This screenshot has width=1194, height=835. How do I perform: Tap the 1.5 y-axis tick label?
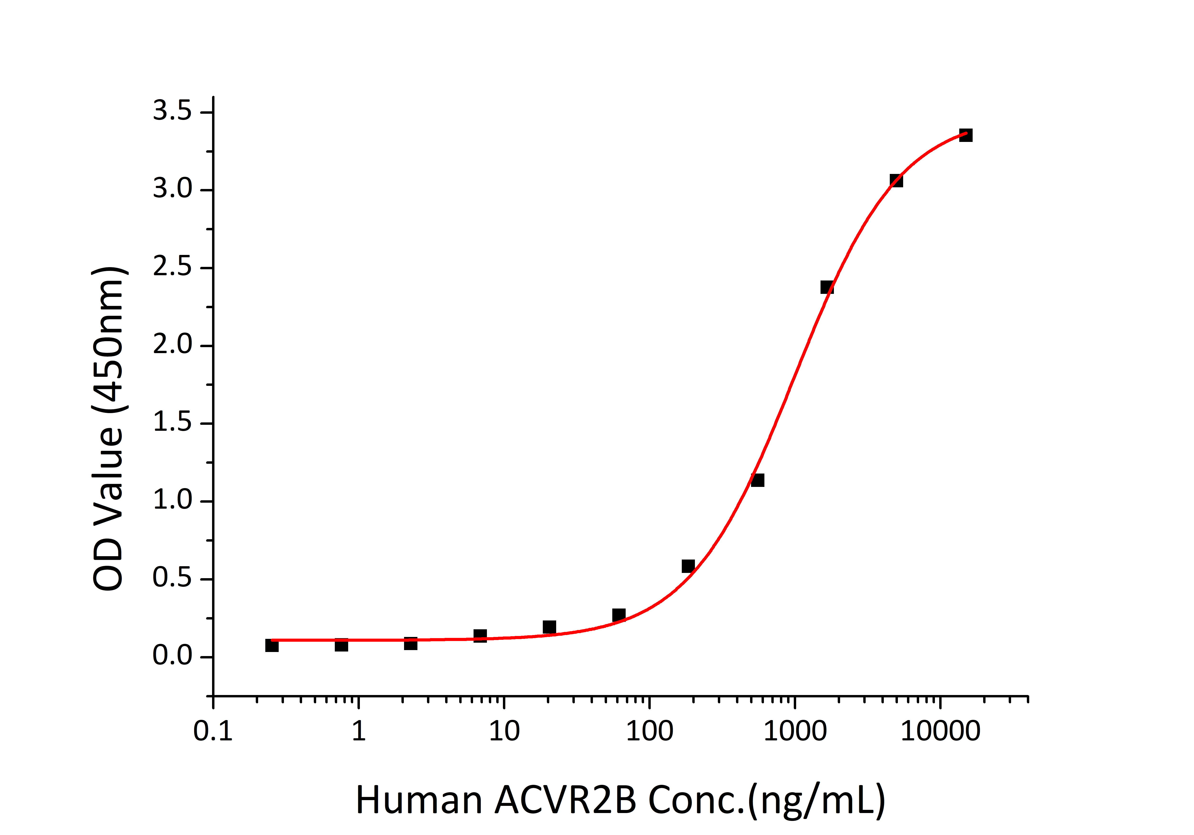(172, 422)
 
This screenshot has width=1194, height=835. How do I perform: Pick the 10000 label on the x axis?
(940, 731)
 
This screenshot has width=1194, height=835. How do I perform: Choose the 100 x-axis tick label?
(650, 731)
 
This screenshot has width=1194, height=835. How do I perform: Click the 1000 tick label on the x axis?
(795, 731)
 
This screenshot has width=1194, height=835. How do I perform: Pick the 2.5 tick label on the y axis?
(172, 267)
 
